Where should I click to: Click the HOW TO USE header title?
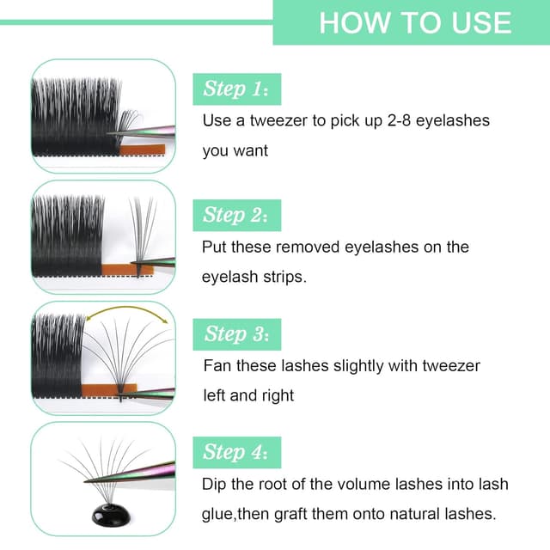[414, 22]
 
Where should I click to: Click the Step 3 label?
[235, 333]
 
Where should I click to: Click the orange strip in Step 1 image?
[137, 150]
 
